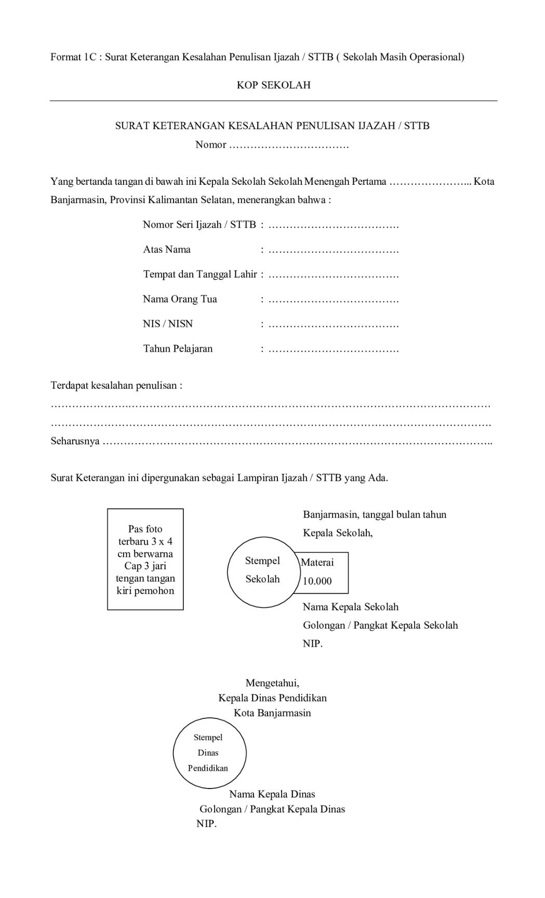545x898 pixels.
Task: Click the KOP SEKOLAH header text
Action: pyautogui.click(x=273, y=85)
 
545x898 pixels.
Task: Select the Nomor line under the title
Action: pyautogui.click(x=272, y=145)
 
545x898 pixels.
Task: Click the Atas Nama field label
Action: pyautogui.click(x=167, y=250)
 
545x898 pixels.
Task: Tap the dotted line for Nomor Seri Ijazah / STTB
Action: pyautogui.click(x=334, y=225)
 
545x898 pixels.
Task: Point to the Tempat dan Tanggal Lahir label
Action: pyautogui.click(x=200, y=274)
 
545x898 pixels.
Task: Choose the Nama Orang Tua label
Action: pyautogui.click(x=180, y=299)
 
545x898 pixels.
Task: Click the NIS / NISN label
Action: pyautogui.click(x=168, y=324)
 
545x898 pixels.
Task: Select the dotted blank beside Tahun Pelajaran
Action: pyautogui.click(x=334, y=349)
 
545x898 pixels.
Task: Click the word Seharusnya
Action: pyautogui.click(x=75, y=442)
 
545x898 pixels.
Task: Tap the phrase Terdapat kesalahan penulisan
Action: pyautogui.click(x=116, y=386)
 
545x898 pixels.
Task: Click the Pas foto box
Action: pyautogui.click(x=145, y=559)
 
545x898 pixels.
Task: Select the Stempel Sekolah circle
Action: pyautogui.click(x=263, y=572)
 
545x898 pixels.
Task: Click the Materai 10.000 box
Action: pyautogui.click(x=325, y=573)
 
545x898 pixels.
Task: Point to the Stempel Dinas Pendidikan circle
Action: pyautogui.click(x=209, y=753)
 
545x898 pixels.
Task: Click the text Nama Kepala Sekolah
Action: pyautogui.click(x=351, y=607)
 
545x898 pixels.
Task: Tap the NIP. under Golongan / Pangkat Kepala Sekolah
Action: pyautogui.click(x=313, y=644)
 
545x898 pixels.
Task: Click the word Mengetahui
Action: pyautogui.click(x=272, y=683)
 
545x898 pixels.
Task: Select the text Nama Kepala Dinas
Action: pyautogui.click(x=272, y=794)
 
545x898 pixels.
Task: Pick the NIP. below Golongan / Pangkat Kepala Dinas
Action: pyautogui.click(x=206, y=824)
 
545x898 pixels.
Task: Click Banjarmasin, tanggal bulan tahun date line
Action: pyautogui.click(x=375, y=515)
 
